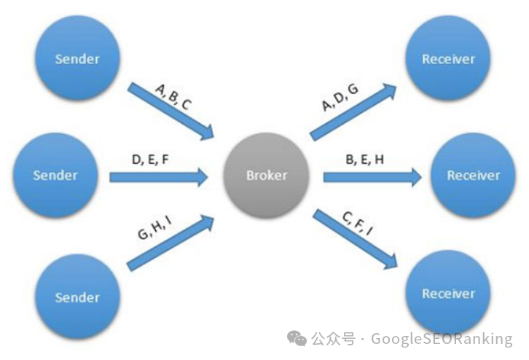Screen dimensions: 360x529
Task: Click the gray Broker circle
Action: [267, 176]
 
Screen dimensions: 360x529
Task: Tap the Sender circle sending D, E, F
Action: [55, 176]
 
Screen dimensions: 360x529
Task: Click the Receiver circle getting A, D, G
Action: [448, 59]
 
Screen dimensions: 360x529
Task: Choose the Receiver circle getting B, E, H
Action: [473, 176]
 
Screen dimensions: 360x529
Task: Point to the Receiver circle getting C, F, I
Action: [448, 294]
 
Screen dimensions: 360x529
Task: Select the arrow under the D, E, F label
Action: [159, 176]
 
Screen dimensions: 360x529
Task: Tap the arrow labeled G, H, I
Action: [171, 241]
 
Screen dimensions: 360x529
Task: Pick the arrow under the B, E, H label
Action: [372, 176]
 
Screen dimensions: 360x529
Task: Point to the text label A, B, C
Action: [173, 95]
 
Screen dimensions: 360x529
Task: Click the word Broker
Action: [267, 176]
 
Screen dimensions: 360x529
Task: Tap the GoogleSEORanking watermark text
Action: [442, 339]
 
